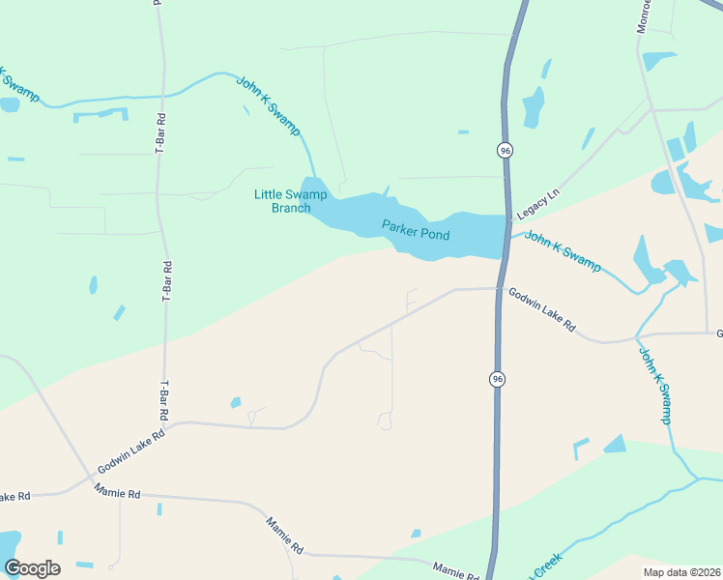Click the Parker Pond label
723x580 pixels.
416,230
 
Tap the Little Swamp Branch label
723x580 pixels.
283,201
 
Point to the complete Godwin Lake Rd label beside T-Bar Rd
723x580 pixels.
131,448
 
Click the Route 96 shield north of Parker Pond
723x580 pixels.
505,150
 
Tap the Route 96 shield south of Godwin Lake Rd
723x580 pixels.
497,378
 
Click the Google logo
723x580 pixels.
32,567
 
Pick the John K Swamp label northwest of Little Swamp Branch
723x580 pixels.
269,105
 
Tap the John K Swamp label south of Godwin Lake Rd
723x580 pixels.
654,385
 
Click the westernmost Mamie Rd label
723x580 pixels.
118,493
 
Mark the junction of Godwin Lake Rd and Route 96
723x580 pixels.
499,288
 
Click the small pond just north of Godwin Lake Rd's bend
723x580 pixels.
235,402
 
